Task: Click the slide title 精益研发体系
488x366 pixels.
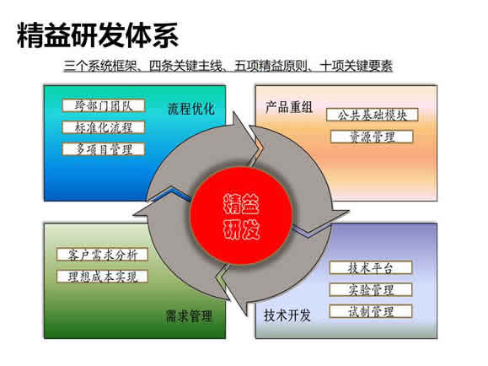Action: pyautogui.click(x=98, y=35)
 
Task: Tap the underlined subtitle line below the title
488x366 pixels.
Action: pyautogui.click(x=228, y=66)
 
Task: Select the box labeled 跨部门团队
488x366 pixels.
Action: pyautogui.click(x=104, y=105)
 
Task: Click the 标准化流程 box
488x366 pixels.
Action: pyautogui.click(x=104, y=127)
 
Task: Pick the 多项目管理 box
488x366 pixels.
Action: pyautogui.click(x=104, y=149)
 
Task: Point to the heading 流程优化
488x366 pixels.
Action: pyautogui.click(x=191, y=109)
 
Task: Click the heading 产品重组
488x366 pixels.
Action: pyautogui.click(x=289, y=107)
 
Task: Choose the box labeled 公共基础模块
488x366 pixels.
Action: pyautogui.click(x=373, y=115)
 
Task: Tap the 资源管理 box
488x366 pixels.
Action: pyautogui.click(x=372, y=137)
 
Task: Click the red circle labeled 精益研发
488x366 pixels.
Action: pyautogui.click(x=241, y=216)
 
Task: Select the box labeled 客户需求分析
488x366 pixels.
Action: pyautogui.click(x=102, y=255)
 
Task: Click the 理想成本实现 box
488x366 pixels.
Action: pyautogui.click(x=102, y=277)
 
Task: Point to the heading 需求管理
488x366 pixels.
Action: pyautogui.click(x=190, y=316)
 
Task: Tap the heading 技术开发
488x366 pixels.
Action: pyautogui.click(x=287, y=315)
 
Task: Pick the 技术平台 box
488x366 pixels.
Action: pyautogui.click(x=371, y=268)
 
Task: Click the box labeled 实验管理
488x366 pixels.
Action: pyautogui.click(x=371, y=290)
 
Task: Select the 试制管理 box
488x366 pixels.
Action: pyautogui.click(x=371, y=311)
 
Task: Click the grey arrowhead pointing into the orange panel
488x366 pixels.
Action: pyautogui.click(x=246, y=137)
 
